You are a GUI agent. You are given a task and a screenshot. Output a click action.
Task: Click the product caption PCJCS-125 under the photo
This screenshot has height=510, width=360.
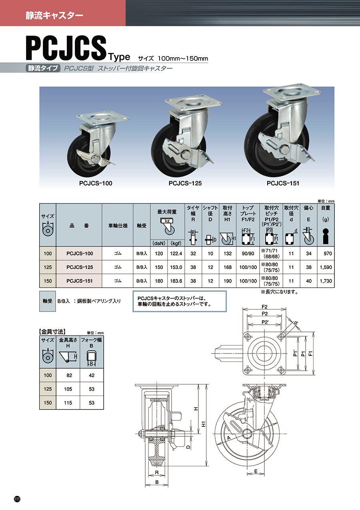tap(185, 183)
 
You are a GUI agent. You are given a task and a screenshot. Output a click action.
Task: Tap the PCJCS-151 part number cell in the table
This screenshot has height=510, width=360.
tap(79, 281)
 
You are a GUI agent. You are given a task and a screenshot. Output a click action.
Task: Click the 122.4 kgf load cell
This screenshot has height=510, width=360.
tap(176, 253)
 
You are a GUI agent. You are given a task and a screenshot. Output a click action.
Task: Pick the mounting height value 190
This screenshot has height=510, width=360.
tap(228, 281)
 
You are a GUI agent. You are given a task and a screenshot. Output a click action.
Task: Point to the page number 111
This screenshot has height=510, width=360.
tap(17, 499)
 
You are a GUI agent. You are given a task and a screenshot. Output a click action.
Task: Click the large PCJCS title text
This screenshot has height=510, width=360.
tap(66, 48)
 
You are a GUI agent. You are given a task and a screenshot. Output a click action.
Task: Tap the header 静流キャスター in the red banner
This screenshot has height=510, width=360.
tap(54, 16)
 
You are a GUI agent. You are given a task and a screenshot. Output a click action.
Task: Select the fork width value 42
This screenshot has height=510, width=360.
tap(92, 375)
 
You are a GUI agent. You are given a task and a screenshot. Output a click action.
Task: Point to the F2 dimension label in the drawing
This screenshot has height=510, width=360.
tap(264, 307)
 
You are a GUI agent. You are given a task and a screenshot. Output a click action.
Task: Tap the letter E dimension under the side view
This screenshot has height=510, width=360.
tap(256, 472)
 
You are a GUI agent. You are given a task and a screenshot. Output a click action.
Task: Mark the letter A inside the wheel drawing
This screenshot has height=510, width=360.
tap(229, 439)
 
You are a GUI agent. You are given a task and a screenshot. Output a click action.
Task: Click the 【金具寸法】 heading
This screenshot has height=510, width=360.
tap(52, 332)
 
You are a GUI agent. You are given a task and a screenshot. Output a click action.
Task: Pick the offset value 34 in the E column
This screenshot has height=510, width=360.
tap(308, 253)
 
